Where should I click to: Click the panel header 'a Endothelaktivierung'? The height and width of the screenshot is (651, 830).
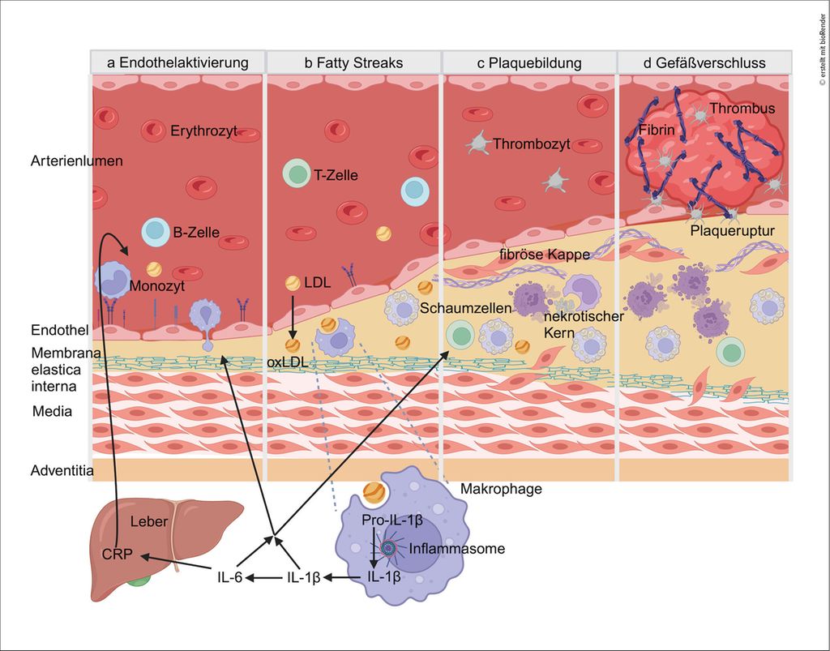(178, 62)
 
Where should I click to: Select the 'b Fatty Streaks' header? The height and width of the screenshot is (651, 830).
(353, 62)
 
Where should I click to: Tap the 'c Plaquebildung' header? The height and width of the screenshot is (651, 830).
(528, 62)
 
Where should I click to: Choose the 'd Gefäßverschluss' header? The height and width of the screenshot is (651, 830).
(704, 62)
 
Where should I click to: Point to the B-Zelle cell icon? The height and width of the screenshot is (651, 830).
(155, 233)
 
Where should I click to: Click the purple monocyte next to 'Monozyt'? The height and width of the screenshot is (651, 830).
(112, 278)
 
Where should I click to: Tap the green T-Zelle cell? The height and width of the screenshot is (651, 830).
(297, 173)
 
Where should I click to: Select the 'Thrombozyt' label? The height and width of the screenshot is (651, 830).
(532, 144)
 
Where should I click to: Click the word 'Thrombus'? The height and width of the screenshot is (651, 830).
(742, 109)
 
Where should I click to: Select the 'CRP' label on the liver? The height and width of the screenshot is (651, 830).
(116, 556)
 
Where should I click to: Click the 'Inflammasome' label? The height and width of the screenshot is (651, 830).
(457, 549)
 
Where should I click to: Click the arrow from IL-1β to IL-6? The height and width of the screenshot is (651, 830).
(265, 577)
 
